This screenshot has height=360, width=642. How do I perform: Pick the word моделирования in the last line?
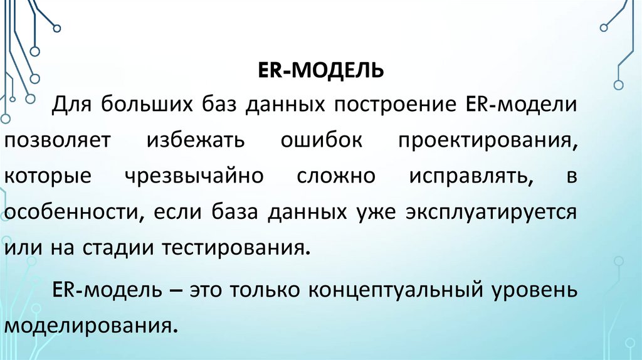tap(88, 327)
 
